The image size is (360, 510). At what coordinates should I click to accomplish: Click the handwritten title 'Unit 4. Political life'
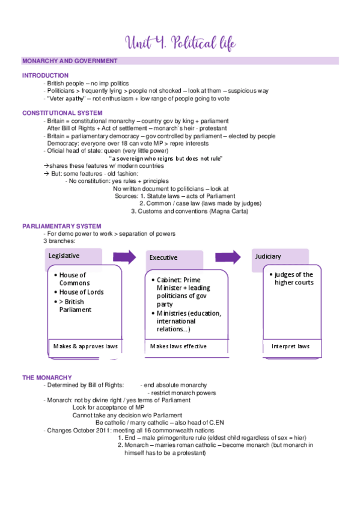coord(180,43)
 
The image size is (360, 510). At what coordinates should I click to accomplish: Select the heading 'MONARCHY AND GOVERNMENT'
coord(70,61)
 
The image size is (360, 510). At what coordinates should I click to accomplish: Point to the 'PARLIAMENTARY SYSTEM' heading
coord(62,226)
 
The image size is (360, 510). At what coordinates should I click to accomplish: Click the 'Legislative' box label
coord(64,256)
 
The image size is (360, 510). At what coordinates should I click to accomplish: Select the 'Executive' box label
coord(163,257)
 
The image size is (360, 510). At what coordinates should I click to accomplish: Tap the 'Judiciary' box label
coord(268,256)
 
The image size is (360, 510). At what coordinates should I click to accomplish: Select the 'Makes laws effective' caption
coord(178,346)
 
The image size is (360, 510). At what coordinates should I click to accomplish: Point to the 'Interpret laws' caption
coord(290,346)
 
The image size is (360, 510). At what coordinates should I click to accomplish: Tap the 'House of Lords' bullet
coord(80,292)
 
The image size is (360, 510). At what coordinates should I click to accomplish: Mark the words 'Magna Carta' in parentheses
coord(228,211)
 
